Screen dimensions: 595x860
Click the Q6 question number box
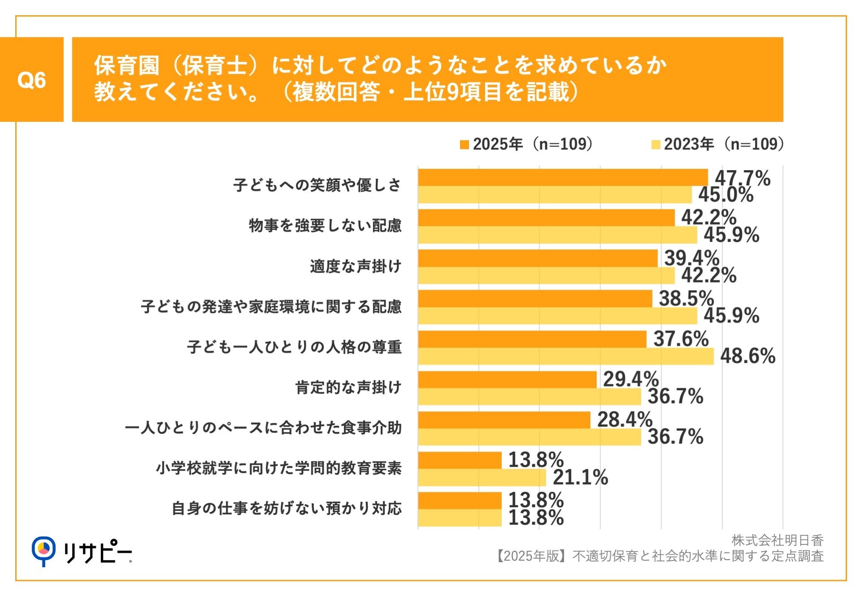[31, 80]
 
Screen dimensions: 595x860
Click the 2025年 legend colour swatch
[464, 145]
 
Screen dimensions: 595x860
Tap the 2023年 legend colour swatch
[656, 145]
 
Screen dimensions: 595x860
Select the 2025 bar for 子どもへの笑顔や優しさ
[563, 177]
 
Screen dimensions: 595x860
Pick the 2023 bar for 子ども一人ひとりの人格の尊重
[566, 356]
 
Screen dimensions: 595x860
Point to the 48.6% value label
[748, 356]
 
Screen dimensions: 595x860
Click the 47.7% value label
[742, 178]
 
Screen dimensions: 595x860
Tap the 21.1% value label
[580, 477]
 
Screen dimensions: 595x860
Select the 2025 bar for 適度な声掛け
[537, 258]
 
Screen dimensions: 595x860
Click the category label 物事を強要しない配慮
[325, 226]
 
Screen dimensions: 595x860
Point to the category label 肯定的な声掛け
[348, 387]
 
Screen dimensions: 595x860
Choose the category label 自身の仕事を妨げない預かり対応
[287, 509]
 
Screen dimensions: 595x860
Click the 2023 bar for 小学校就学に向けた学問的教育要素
[482, 478]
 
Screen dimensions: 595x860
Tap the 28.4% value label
[624, 420]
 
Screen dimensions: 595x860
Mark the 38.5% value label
[686, 299]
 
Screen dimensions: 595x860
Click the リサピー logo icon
[43, 550]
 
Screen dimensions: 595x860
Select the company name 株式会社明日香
[778, 540]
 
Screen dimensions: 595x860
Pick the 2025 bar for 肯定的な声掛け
[507, 380]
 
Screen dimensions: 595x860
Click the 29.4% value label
[631, 379]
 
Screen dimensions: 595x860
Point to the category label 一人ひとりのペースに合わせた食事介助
[263, 428]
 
